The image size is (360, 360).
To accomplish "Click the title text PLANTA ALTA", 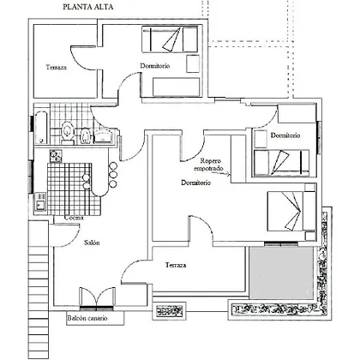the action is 88,7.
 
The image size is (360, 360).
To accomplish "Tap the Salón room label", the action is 92,243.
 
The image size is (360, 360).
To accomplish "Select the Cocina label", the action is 74,218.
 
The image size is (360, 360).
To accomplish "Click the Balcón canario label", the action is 87,318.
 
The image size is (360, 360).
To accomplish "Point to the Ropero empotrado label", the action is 208,165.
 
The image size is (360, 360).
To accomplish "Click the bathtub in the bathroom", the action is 42,127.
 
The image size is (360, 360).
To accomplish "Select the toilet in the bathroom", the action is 68,132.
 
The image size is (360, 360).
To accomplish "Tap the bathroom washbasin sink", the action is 104,135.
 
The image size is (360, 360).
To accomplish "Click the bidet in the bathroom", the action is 86,135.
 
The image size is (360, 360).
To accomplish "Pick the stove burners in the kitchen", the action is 56,156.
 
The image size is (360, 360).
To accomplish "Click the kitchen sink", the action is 40,201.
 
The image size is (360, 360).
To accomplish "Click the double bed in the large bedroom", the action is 291,211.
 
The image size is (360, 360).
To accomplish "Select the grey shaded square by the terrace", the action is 281,273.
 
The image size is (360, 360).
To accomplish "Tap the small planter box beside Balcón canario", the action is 170,310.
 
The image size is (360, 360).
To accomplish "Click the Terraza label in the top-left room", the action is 57,68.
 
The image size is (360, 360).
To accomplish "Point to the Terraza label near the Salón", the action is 176,265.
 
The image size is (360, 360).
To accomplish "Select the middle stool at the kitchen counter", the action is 113,175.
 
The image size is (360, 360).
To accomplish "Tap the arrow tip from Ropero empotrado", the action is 230,174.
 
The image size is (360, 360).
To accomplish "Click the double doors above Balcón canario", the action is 97,297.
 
